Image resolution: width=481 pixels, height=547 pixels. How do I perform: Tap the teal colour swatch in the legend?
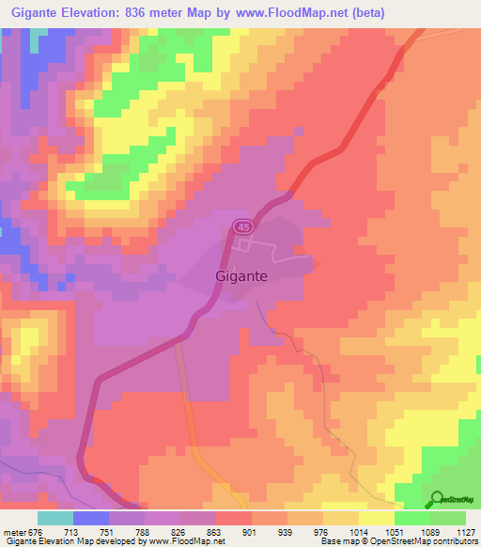[55, 518]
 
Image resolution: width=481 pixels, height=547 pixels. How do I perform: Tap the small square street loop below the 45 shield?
[244, 245]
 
